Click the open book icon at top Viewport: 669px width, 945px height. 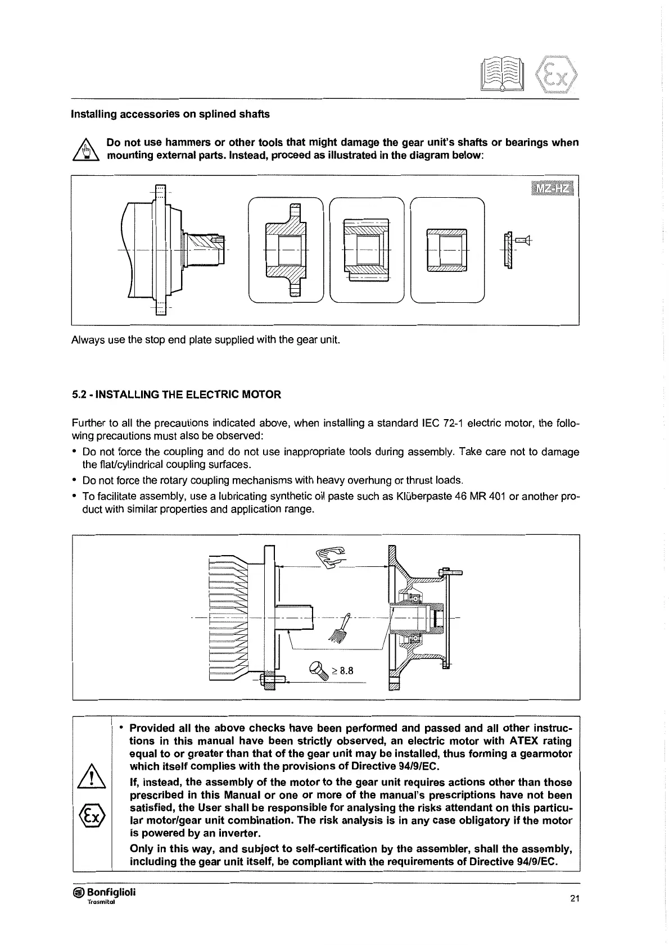pos(502,75)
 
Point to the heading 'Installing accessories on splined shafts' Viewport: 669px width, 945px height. pos(170,114)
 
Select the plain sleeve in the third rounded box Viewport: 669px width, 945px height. pos(447,249)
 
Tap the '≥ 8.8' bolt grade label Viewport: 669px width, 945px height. pos(342,670)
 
